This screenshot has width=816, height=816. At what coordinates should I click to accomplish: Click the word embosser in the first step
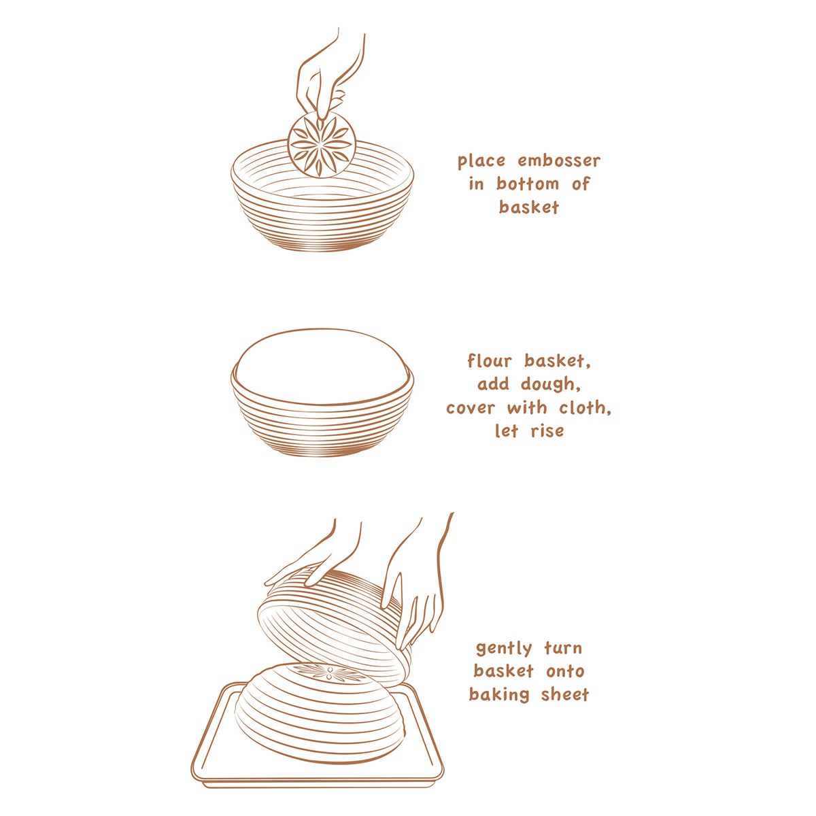559,161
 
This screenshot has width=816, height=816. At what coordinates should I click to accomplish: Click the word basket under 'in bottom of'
528,207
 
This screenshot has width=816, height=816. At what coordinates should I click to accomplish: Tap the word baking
500,695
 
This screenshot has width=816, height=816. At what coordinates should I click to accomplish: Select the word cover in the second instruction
472,408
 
